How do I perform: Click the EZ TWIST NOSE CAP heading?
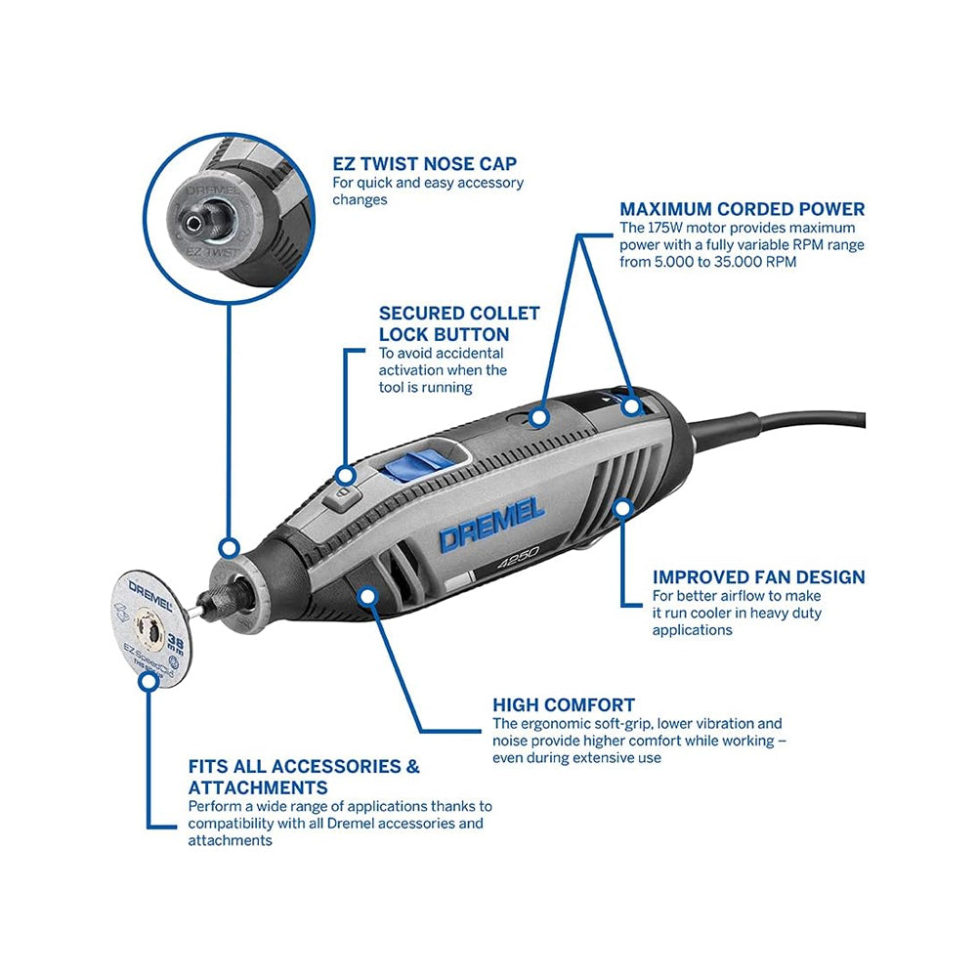click(424, 164)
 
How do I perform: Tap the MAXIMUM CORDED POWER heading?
click(743, 209)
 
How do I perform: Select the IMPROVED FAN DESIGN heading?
click(758, 577)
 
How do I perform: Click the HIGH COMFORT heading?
click(564, 704)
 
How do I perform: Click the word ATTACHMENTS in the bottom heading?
click(258, 787)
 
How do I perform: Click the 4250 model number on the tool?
click(518, 558)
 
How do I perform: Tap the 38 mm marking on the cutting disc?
click(176, 644)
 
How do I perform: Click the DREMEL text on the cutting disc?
click(150, 595)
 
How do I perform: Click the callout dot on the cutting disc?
click(149, 680)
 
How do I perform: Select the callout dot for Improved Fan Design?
click(622, 508)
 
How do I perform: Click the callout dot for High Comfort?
click(369, 596)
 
